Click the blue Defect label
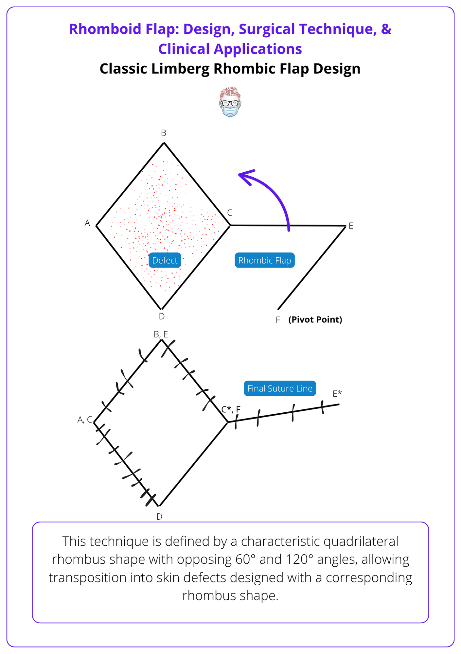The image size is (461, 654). click(165, 260)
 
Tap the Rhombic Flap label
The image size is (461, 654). click(264, 260)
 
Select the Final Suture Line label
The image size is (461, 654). click(280, 388)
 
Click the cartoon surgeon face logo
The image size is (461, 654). click(230, 102)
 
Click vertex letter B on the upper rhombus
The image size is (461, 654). click(164, 133)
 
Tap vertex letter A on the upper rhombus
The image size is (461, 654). click(87, 223)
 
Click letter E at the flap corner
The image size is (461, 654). click(351, 226)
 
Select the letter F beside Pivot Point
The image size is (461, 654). click(278, 320)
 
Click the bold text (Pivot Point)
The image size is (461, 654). click(315, 319)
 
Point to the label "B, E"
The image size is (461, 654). click(161, 334)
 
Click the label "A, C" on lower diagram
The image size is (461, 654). click(85, 420)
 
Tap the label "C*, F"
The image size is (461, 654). click(231, 409)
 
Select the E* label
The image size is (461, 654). click(337, 394)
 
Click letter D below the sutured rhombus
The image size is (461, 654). click(159, 517)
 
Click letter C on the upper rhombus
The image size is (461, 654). click(230, 213)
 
